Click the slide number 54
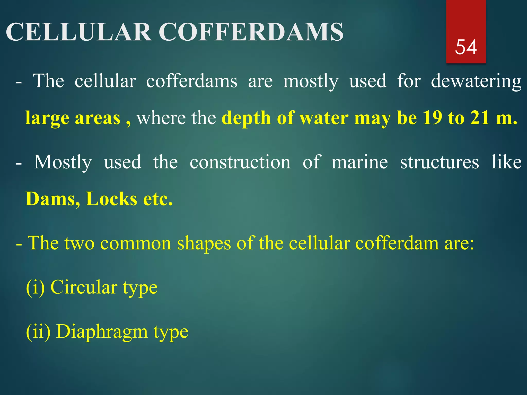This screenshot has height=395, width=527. point(466,47)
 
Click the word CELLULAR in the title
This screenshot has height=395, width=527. point(79,32)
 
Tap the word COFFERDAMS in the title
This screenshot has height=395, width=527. point(251,32)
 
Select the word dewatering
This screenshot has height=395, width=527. point(476,81)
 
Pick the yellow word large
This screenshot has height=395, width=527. point(47,118)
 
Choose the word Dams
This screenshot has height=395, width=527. point(53,199)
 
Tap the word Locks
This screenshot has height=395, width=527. point(111,199)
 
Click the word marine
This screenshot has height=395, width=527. point(359,162)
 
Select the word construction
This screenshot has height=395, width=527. point(240,162)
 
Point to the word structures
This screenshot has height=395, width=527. point(439,162)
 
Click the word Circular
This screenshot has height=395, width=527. point(84,287)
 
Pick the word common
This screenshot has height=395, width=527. point(136,243)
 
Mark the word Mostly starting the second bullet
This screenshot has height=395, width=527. point(63,162)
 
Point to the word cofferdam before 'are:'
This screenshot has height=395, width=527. point(397,243)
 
